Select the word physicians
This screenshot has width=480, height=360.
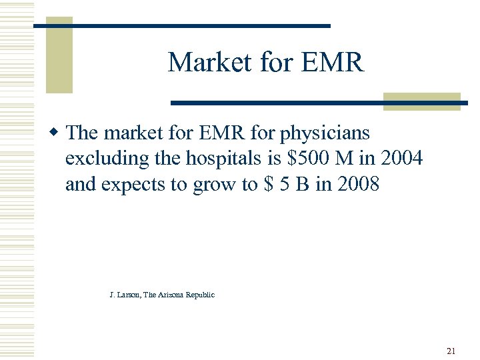coord(324,133)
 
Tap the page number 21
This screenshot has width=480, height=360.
coord(451,351)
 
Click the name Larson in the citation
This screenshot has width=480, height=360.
coord(130,295)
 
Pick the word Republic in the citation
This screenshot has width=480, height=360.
coord(201,295)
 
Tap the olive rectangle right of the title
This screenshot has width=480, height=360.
coord(421,101)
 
